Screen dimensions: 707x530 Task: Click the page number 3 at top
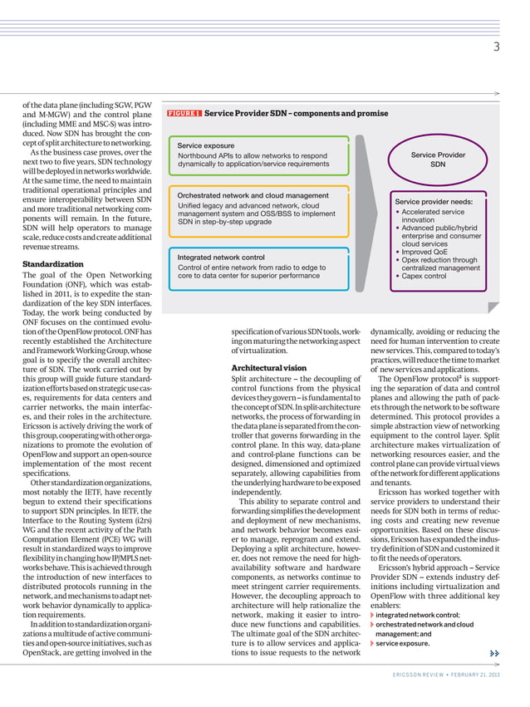[x=496, y=47]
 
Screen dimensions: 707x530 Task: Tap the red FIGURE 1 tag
[x=184, y=113]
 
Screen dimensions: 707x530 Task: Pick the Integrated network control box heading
[x=221, y=258]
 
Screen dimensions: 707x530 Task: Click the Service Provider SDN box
[x=438, y=160]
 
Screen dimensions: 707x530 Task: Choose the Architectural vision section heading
[x=269, y=367]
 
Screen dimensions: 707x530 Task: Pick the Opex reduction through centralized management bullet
[x=438, y=264]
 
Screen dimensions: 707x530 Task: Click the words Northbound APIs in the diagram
[x=204, y=155]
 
